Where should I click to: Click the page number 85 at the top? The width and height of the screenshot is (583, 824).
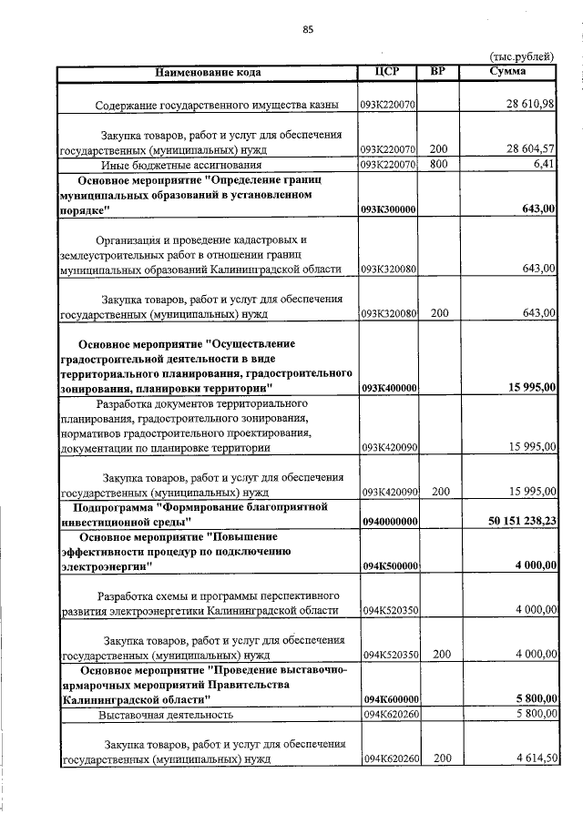coord(308,30)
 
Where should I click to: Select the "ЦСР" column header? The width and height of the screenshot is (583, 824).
coord(388,71)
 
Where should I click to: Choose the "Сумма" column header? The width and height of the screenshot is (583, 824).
coord(506,71)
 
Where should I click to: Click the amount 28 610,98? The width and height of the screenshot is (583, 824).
coord(530,106)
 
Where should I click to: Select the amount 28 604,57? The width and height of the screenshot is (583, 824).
coord(530,149)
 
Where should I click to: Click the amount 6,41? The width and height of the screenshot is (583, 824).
coord(544,165)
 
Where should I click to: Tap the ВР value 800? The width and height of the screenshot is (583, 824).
coord(439,165)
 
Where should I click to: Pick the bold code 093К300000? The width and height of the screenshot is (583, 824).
coord(389,209)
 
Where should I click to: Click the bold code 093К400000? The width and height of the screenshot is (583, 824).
coord(389,388)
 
